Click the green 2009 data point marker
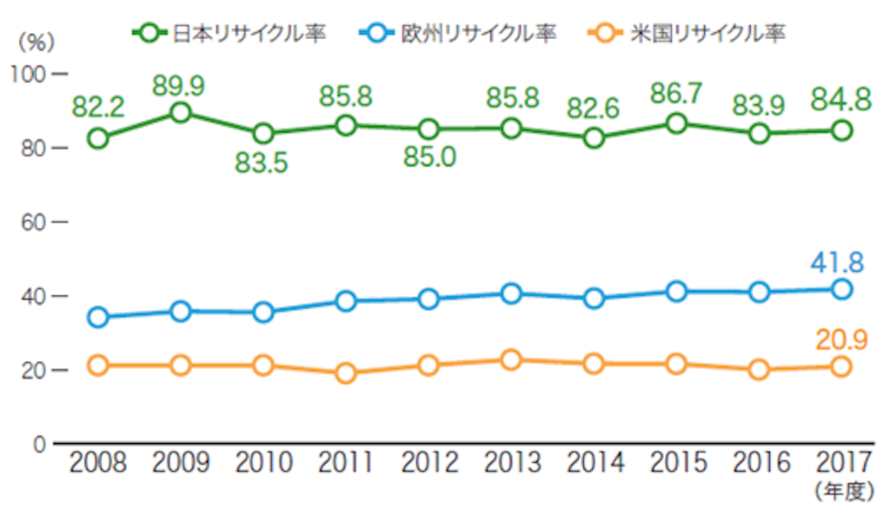181,112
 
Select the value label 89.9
178,86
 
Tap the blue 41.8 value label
837,262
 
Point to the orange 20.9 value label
841,341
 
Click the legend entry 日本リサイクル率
229,33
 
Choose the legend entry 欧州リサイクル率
458,33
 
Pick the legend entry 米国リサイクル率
687,33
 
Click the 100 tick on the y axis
28,75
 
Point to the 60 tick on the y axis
33,222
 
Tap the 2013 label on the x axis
512,463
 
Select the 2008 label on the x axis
97,463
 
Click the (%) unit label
37,43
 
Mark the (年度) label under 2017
845,491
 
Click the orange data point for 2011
346,373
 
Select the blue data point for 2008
98,317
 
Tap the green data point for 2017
841,131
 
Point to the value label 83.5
261,163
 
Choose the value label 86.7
676,94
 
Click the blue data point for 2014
594,298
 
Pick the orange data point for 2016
759,370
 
